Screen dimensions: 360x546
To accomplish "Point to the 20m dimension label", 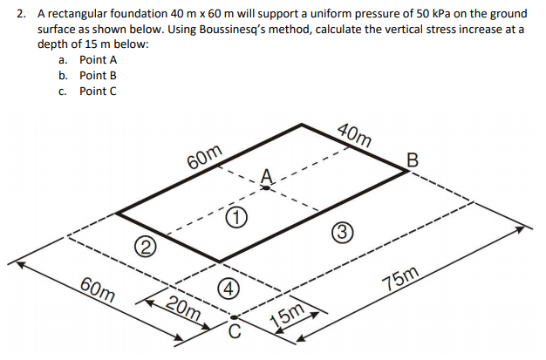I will point(184,309).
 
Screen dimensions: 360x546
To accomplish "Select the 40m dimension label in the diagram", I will point(354,133).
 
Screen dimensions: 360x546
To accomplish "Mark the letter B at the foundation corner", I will point(413,160).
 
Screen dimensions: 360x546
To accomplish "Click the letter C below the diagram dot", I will point(233,330).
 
